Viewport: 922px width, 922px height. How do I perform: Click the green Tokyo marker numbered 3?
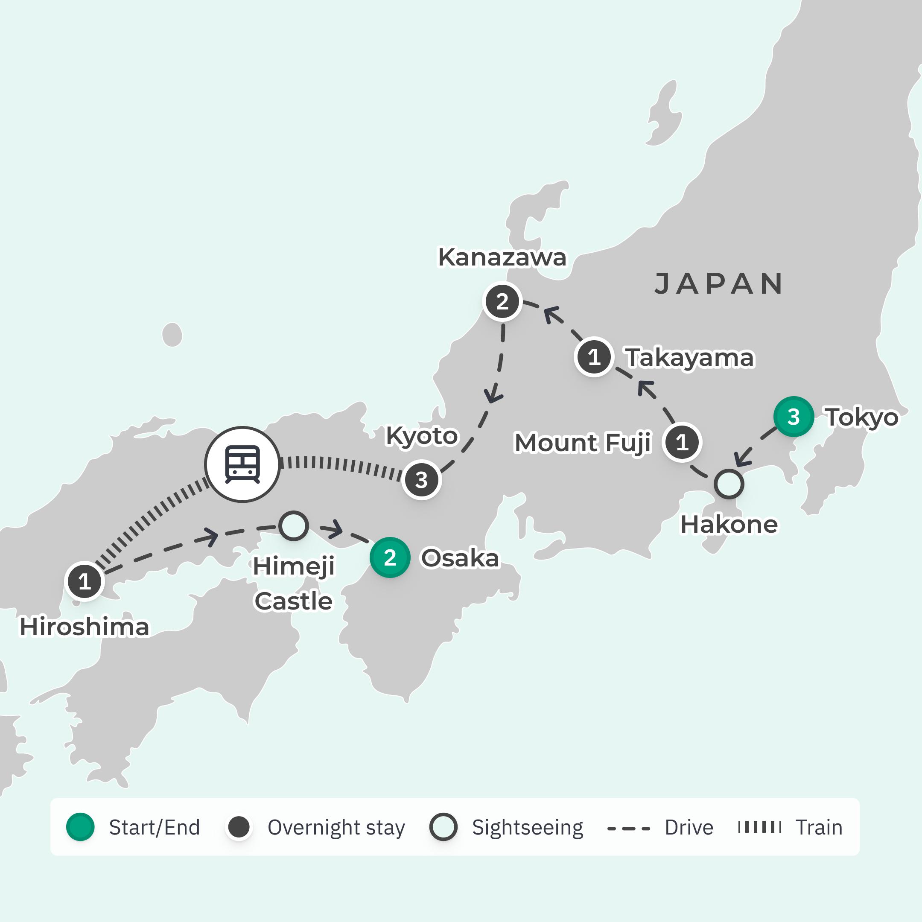click(x=793, y=417)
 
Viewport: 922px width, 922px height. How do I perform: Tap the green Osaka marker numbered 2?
click(x=390, y=557)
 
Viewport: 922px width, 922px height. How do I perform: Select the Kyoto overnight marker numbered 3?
click(x=421, y=480)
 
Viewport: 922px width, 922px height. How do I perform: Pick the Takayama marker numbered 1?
click(x=594, y=357)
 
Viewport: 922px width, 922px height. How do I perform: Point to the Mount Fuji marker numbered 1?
click(x=682, y=442)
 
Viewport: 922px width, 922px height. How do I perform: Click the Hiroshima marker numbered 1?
click(x=85, y=581)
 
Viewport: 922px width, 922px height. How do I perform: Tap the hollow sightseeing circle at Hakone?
click(x=729, y=484)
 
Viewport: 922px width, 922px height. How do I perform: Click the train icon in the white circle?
click(x=242, y=464)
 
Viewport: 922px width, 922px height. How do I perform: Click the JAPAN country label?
click(x=719, y=284)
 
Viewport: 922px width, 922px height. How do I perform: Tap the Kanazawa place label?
click(x=502, y=258)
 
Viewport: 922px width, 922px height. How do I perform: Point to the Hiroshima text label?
click(x=84, y=627)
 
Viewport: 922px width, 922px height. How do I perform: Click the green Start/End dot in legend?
click(x=80, y=827)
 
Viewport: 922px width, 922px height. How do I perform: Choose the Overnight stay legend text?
click(x=336, y=828)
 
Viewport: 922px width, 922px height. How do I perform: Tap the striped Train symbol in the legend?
click(x=759, y=827)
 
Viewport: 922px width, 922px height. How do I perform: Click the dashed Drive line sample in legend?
click(x=628, y=829)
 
